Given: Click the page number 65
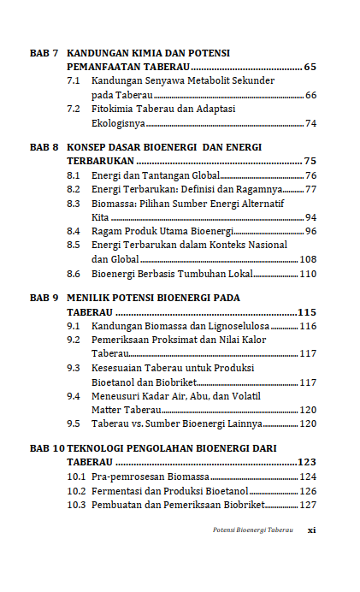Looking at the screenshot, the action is tap(310, 67).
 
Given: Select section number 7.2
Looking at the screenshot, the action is tap(74, 110).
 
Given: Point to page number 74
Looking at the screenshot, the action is tap(310, 123).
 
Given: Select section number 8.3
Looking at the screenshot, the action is tap(74, 204).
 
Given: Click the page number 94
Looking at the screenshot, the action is tap(310, 217).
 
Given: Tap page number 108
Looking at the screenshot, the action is tap(308, 259).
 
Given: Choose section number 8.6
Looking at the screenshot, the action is tap(74, 274).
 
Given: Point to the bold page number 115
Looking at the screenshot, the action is tap(306, 312).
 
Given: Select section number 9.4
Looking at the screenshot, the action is tap(74, 396).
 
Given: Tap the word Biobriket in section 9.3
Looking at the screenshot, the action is tap(170, 382).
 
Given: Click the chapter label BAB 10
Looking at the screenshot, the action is tap(47, 448).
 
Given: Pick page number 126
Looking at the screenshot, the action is tap(308, 491).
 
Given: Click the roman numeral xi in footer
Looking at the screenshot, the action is tap(312, 530).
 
